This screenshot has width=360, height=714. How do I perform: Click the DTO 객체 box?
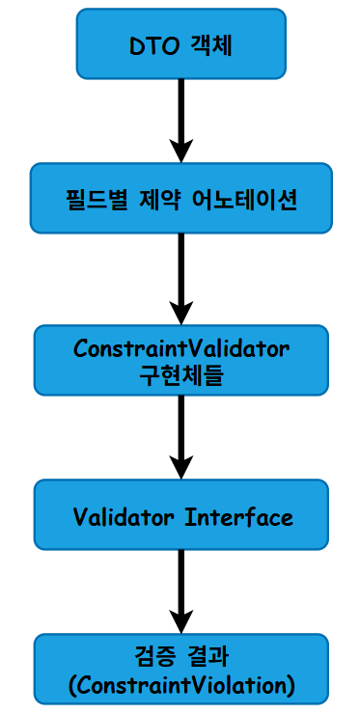(x=181, y=43)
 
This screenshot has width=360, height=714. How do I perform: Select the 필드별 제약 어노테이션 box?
(x=181, y=199)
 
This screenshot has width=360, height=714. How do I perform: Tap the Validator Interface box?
(x=181, y=516)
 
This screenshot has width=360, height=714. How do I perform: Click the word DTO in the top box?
(x=150, y=44)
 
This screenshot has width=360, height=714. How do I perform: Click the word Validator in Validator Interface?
(x=123, y=517)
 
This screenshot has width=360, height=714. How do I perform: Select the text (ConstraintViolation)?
(x=181, y=686)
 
